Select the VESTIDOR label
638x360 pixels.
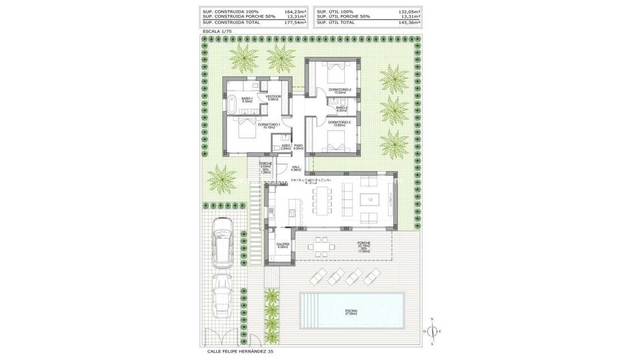click(273, 98)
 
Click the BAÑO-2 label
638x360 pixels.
click(341, 109)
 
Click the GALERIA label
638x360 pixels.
click(283, 246)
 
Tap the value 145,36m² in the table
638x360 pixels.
click(409, 22)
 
